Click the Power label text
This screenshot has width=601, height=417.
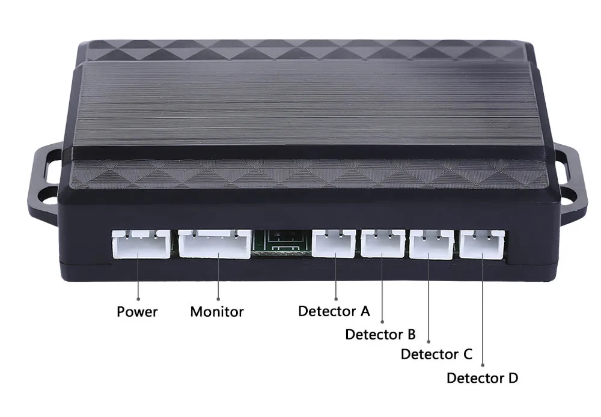137,312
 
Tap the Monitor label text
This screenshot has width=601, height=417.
217,312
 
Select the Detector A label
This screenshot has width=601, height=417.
334,311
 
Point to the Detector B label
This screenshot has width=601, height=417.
380,334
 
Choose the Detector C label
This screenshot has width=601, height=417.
436,354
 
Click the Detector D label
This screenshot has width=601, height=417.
482,378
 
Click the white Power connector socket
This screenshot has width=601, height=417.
141,244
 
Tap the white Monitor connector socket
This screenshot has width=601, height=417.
215,244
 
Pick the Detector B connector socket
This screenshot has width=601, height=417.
383,243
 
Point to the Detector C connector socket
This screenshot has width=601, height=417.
432,244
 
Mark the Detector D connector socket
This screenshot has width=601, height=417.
482,245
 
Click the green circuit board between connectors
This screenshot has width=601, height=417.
282,242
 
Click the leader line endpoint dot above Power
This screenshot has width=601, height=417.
138,299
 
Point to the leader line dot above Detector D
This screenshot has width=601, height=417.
483,366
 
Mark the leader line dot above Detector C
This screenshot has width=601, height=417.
429,341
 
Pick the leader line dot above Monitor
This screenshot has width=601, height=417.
218,299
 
